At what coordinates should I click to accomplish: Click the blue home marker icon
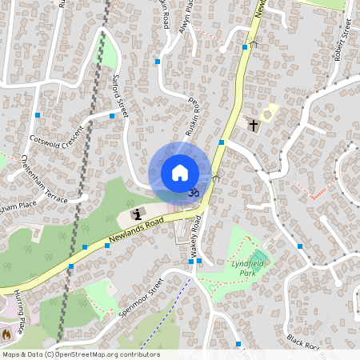click(180, 173)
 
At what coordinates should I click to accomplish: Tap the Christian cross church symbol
click(253, 126)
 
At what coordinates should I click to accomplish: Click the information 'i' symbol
click(137, 214)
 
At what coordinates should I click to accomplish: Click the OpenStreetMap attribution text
click(80, 354)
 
